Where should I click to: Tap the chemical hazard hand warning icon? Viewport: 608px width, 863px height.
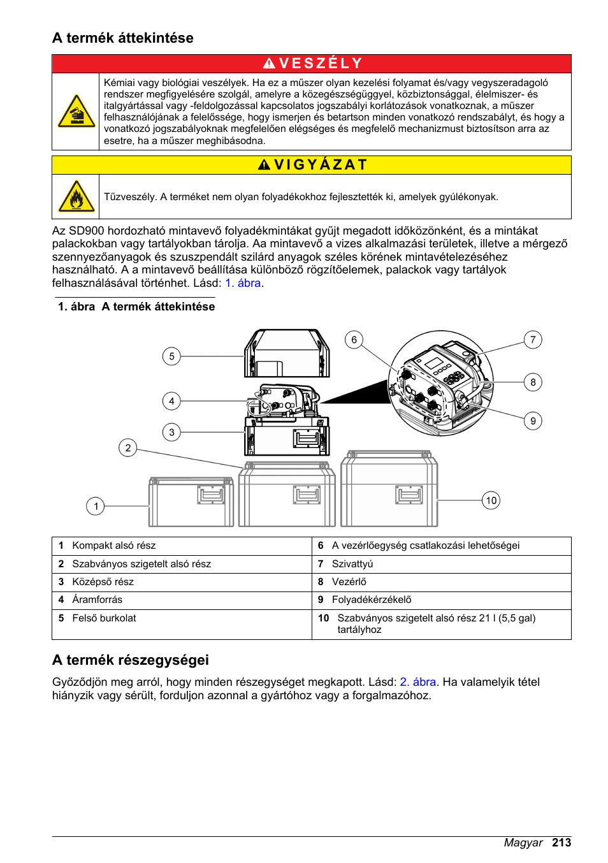tap(76, 112)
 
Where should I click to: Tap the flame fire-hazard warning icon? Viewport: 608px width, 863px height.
tap(76, 196)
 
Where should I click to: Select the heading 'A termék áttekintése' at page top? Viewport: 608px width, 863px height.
tap(123, 38)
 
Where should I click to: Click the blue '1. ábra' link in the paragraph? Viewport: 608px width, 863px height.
tap(243, 283)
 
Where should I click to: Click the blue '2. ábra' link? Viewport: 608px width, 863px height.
tap(417, 682)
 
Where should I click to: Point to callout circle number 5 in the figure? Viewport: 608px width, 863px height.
tap(171, 356)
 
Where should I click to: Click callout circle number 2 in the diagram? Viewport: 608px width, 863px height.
tap(128, 447)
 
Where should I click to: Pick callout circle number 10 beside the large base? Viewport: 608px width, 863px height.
tap(491, 500)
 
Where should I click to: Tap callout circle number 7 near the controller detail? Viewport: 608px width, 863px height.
tap(533, 340)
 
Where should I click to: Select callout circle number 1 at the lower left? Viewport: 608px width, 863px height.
tap(96, 506)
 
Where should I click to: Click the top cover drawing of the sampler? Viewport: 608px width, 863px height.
tap(287, 354)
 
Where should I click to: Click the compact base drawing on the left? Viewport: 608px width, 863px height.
tap(191, 502)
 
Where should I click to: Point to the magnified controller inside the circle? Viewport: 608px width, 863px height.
tap(440, 383)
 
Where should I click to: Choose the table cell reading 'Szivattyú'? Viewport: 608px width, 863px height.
tap(352, 563)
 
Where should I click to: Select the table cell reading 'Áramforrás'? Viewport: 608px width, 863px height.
tap(97, 599)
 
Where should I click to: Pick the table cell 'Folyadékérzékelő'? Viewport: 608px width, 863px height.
tap(372, 599)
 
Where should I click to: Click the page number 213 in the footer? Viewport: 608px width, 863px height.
tap(561, 843)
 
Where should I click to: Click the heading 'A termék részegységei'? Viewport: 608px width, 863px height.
tap(131, 660)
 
